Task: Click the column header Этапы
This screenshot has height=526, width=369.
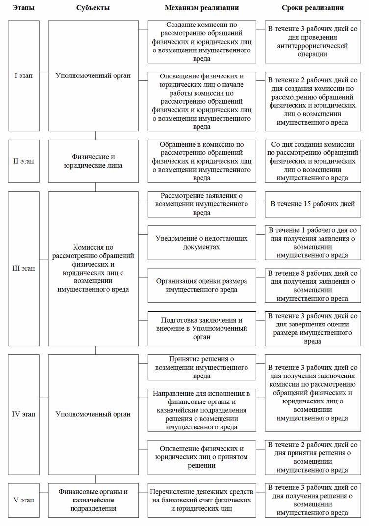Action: coord(24,8)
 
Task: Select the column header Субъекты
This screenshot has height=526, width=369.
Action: coord(93,8)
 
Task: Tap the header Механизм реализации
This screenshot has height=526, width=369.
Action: coord(201,8)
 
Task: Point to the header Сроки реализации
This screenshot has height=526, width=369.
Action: coord(313,8)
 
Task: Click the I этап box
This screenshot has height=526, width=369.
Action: coord(24,75)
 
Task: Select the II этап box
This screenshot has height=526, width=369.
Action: coord(24,161)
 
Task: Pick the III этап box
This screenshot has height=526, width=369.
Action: coord(24,268)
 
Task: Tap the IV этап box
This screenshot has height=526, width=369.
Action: coord(24,414)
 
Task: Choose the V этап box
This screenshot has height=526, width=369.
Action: coord(24,500)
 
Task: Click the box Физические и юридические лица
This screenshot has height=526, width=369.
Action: coord(93,161)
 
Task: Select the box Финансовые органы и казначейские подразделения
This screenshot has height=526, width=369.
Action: coord(93,500)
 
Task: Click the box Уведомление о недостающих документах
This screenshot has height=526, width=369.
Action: coord(201,242)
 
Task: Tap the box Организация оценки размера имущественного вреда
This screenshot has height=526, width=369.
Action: coord(201,285)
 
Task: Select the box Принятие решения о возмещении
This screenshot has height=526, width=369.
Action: coord(201,367)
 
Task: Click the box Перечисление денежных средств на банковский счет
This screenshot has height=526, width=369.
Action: coord(201,500)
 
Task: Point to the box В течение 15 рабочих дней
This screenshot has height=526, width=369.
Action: coord(313,203)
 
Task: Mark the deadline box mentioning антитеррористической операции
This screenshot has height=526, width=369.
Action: coord(313,41)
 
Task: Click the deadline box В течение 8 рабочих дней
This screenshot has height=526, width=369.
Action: coord(313,285)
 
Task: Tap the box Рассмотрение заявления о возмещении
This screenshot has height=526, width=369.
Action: coord(201,203)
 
